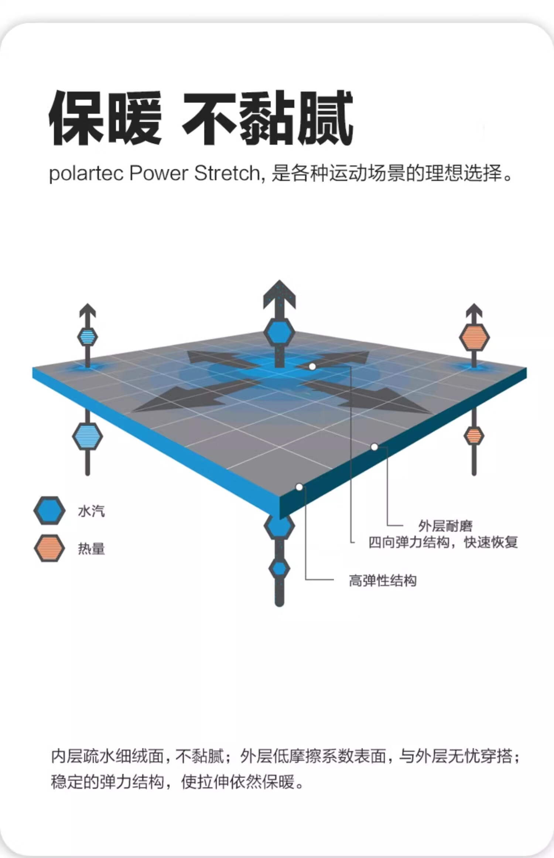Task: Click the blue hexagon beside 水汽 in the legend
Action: click(x=49, y=510)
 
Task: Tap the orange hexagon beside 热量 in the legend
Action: click(x=49, y=548)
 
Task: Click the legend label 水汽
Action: click(x=91, y=511)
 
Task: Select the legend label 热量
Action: click(x=91, y=549)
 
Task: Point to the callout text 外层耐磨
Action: click(x=445, y=526)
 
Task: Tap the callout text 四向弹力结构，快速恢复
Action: click(x=443, y=542)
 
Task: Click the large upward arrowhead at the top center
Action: click(x=279, y=294)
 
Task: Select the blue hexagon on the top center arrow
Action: click(x=279, y=333)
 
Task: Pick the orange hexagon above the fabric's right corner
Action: click(x=474, y=337)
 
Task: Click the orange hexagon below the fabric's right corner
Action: click(x=474, y=436)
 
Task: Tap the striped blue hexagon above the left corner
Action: click(x=88, y=337)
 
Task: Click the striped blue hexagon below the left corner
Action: click(x=88, y=436)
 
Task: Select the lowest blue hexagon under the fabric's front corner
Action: click(x=279, y=568)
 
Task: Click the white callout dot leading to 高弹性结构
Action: click(x=299, y=487)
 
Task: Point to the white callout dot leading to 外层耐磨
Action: click(x=374, y=447)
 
